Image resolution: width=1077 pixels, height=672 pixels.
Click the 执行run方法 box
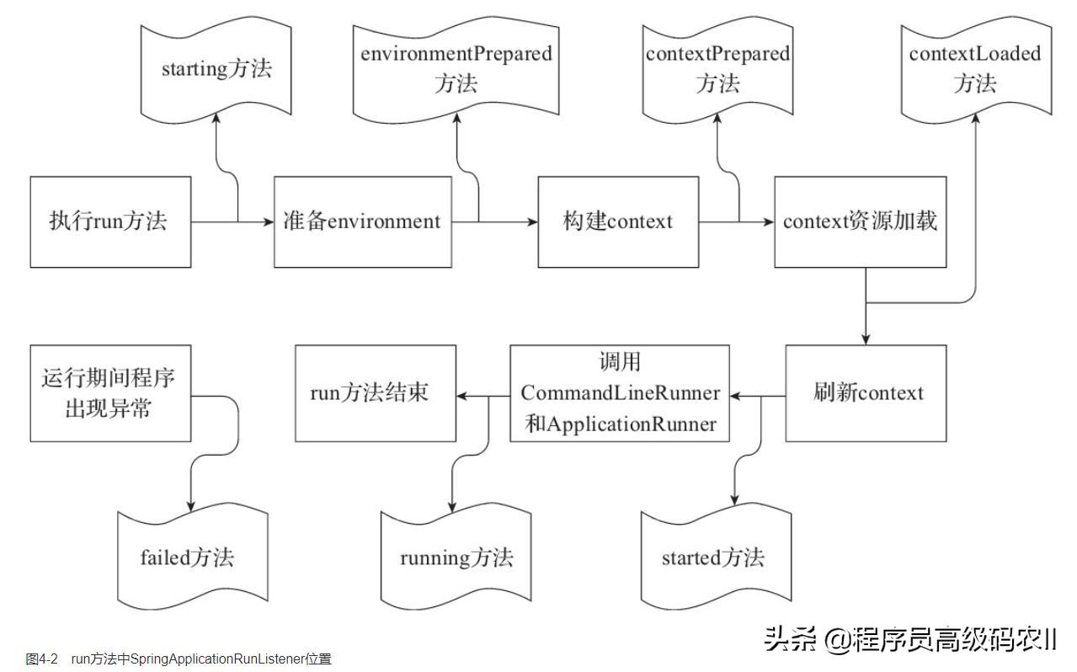click(x=110, y=222)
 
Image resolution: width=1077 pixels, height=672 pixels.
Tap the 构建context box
click(x=618, y=222)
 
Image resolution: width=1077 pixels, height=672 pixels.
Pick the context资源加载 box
click(x=860, y=222)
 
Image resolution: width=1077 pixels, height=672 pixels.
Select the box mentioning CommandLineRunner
click(x=620, y=393)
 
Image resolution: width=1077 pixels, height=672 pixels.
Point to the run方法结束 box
click(x=375, y=393)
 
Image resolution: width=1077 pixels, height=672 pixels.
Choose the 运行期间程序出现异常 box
click(x=110, y=393)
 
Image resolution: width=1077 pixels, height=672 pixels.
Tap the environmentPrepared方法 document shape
click(x=456, y=69)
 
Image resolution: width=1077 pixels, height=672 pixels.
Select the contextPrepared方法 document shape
click(x=717, y=69)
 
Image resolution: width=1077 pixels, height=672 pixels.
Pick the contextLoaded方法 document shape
click(x=975, y=69)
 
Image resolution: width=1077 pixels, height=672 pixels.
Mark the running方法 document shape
click(x=456, y=557)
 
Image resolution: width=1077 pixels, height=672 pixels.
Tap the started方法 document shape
click(x=714, y=557)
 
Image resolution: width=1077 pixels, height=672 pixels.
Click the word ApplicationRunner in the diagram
click(x=632, y=424)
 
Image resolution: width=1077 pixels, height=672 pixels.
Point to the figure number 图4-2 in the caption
click(x=41, y=659)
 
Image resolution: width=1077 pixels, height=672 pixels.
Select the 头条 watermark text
click(x=790, y=639)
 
